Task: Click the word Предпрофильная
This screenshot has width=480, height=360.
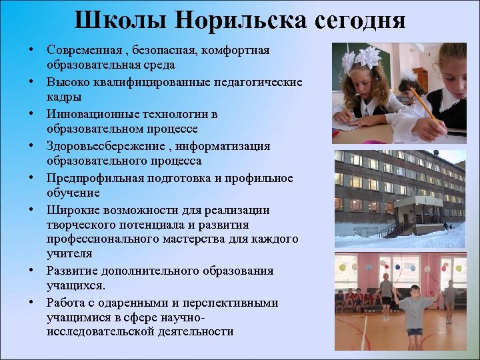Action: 90,178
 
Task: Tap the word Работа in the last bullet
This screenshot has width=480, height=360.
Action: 65,303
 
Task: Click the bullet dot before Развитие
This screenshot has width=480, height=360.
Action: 31,271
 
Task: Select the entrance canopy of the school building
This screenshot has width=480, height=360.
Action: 418,201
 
